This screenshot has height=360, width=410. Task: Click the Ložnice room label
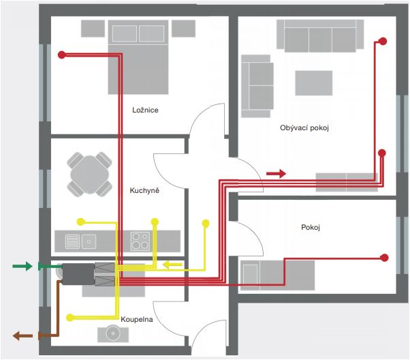click(145, 110)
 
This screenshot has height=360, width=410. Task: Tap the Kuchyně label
click(144, 190)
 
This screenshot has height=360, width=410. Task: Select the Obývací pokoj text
click(304, 127)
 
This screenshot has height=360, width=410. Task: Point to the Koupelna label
click(137, 319)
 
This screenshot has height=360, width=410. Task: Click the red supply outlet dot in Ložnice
click(62, 55)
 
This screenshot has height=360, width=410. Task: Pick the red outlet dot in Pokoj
click(384, 258)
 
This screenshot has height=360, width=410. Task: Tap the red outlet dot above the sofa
click(383, 41)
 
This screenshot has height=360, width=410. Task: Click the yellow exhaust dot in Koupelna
click(70, 318)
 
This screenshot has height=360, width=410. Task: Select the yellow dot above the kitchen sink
click(81, 222)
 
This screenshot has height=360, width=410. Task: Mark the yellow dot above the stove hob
click(155, 222)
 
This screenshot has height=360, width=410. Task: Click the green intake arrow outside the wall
click(22, 267)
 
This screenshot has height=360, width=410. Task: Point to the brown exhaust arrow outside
click(22, 335)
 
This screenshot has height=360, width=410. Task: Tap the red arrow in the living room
click(276, 173)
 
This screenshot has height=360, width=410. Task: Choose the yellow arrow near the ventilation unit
click(172, 265)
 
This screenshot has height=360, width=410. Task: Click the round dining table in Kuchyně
click(90, 174)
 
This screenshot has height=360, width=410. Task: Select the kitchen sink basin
click(89, 241)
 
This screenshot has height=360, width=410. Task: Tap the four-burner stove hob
click(140, 241)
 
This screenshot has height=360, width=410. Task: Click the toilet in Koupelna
click(113, 333)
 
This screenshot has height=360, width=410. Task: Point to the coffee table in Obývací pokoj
click(314, 83)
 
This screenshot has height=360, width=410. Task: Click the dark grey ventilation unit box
click(78, 274)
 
